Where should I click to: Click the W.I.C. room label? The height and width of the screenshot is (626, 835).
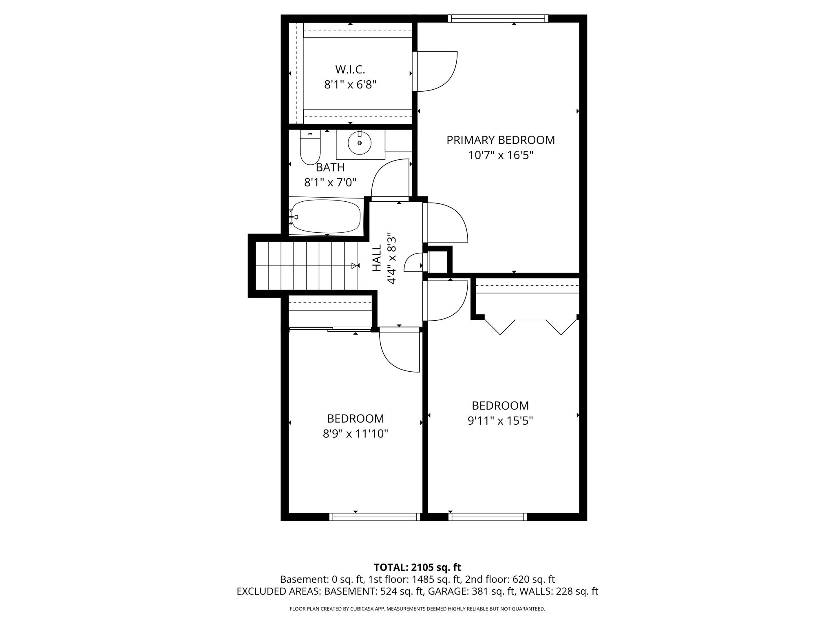[x=350, y=70]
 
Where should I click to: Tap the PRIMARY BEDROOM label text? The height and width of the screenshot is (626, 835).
[x=501, y=140]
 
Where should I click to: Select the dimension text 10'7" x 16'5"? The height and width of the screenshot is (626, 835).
[x=501, y=155]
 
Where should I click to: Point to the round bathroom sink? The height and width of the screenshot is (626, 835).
[x=360, y=143]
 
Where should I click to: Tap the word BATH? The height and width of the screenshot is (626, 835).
[x=330, y=168]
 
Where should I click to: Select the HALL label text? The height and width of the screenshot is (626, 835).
[x=377, y=258]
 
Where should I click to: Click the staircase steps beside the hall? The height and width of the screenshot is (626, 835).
[x=306, y=265]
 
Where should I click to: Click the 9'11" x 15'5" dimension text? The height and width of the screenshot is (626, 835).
[x=500, y=421]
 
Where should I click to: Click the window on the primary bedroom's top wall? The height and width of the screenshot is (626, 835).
[x=498, y=18]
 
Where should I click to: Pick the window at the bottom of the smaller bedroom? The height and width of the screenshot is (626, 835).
[x=375, y=517]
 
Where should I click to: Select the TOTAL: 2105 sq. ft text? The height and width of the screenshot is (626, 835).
[x=417, y=567]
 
